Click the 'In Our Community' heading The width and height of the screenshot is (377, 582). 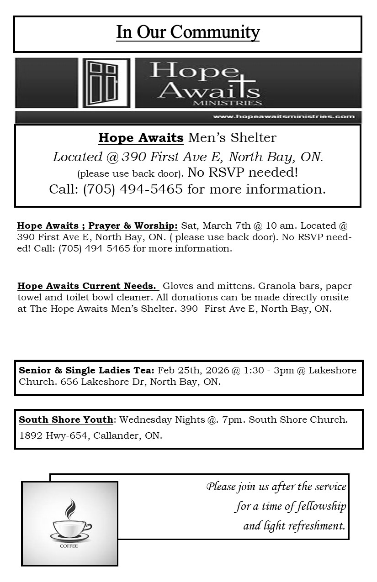[x=188, y=32]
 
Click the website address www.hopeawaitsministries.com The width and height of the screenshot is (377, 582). [x=283, y=116]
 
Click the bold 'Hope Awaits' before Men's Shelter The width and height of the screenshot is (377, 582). [x=141, y=137]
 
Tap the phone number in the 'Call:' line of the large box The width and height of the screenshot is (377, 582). [x=133, y=189]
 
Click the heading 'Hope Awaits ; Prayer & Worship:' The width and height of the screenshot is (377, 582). [x=97, y=225]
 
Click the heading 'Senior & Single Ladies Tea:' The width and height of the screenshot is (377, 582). [x=87, y=370]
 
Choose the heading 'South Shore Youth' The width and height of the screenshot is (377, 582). [x=66, y=419]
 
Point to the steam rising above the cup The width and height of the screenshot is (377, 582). [x=70, y=508]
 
